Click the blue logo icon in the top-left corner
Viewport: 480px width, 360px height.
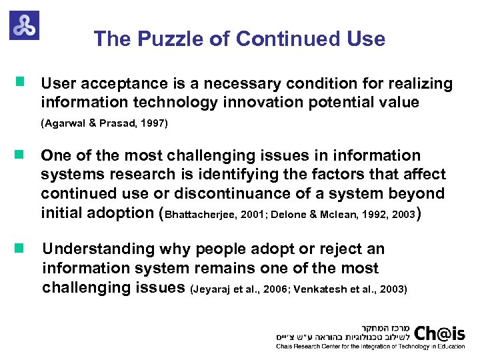click(24, 25)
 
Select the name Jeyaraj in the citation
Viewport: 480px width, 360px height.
click(212, 289)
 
